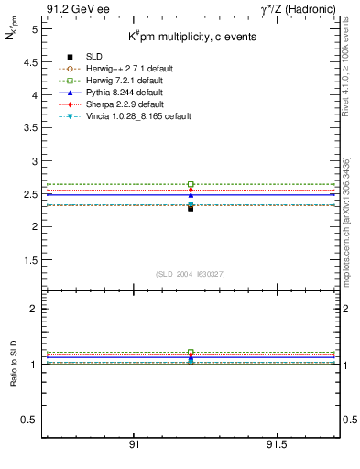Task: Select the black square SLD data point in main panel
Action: click(191, 208)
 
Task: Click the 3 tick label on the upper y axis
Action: click(35, 161)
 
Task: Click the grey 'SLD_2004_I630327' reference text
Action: click(190, 274)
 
